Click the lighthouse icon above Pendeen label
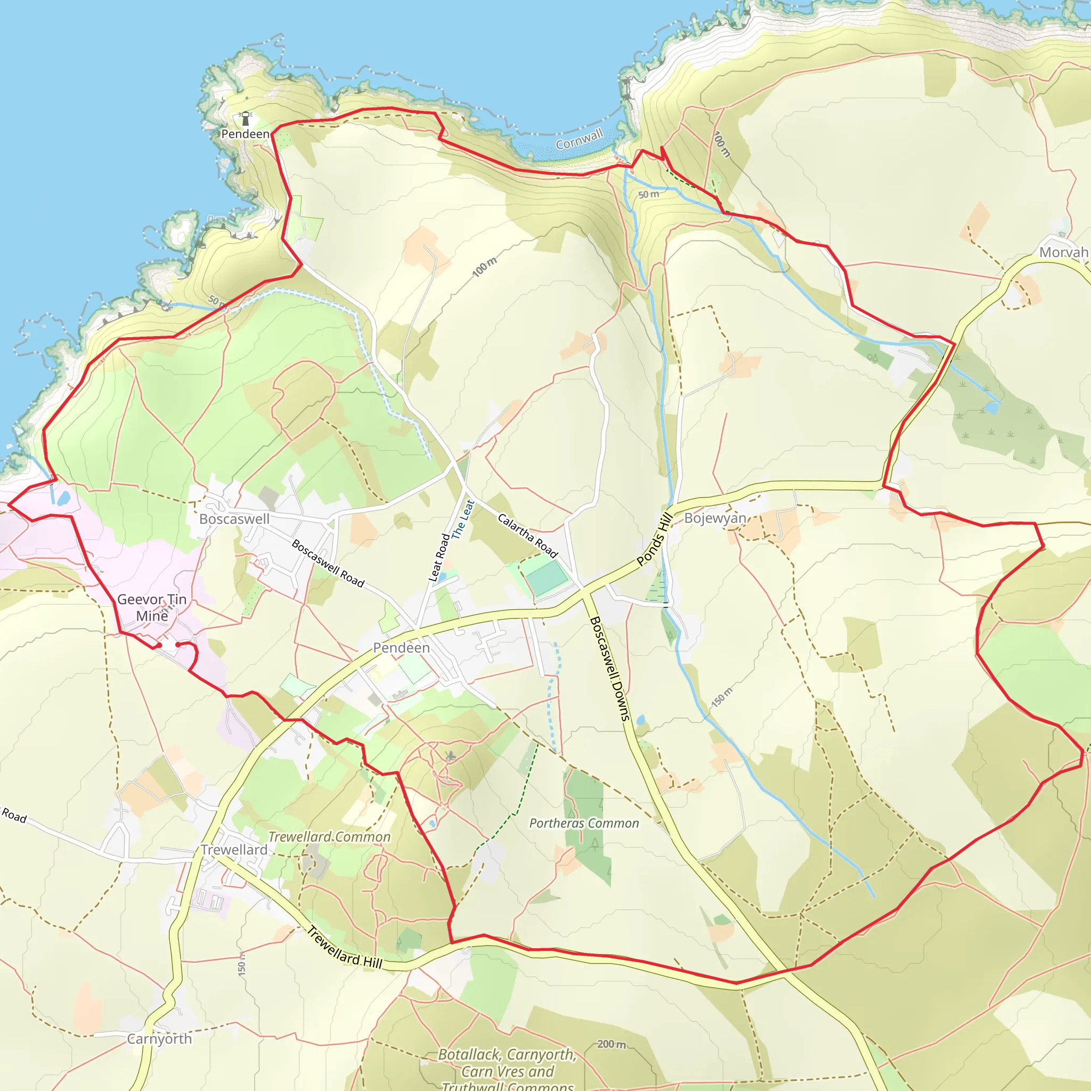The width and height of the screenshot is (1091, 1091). [246, 119]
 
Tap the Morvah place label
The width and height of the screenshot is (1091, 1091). [1063, 253]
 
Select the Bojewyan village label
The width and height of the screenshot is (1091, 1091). [715, 518]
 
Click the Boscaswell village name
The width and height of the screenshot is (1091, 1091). [234, 519]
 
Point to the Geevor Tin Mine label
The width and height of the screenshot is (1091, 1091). [152, 608]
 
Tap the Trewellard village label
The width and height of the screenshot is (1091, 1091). [234, 850]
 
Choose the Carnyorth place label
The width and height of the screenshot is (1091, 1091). [159, 1039]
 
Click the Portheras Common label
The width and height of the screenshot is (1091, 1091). [584, 824]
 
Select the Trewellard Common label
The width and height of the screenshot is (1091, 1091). [329, 837]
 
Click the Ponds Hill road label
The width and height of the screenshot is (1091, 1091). [655, 539]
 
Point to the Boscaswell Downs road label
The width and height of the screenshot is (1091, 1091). [609, 669]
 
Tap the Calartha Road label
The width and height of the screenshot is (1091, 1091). [527, 535]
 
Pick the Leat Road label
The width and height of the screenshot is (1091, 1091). [439, 557]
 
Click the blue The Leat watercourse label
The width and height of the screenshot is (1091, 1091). [462, 519]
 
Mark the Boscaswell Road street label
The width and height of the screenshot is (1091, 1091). [328, 563]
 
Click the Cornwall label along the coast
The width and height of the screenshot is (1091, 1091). [580, 139]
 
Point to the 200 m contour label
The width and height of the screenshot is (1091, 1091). [612, 1044]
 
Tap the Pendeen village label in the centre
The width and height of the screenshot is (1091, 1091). [402, 648]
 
